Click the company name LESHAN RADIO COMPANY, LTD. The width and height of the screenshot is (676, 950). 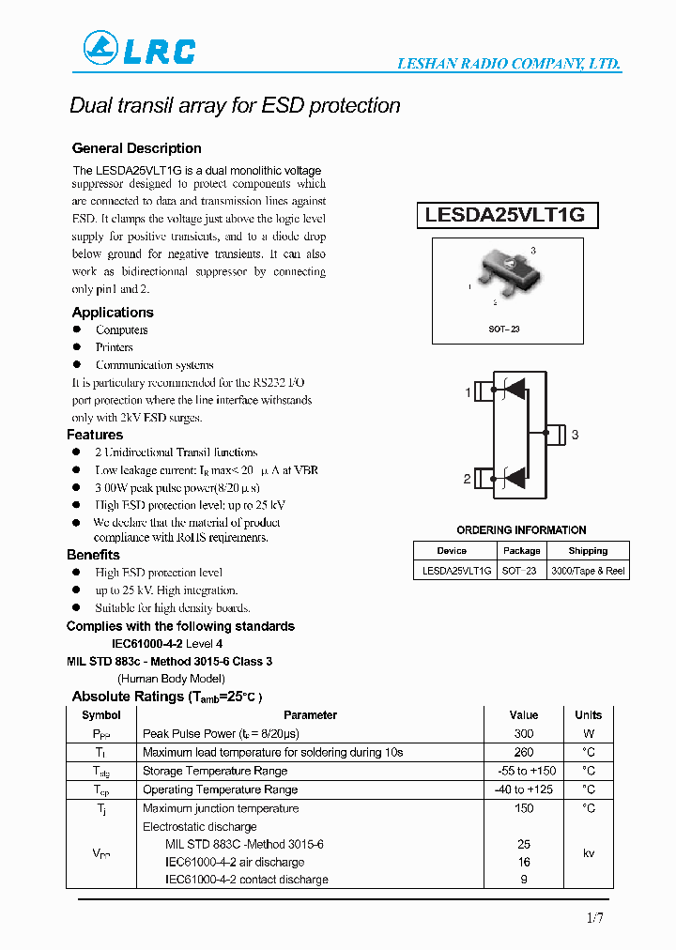[x=509, y=64]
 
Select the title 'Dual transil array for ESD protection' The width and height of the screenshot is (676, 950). [x=235, y=105]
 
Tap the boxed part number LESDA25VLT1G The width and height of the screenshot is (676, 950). [x=505, y=215]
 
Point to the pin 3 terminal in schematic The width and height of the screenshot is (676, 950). [x=556, y=434]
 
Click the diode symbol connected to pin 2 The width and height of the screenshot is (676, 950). [x=514, y=478]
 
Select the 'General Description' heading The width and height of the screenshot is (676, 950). [x=137, y=148]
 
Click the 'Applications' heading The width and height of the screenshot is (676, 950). [x=113, y=313]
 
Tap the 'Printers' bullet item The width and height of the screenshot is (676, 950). [x=114, y=347]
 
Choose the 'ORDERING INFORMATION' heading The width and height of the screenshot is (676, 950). [x=521, y=530]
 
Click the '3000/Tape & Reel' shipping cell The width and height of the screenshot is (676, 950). [x=588, y=571]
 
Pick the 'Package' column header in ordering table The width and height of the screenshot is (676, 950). [x=521, y=551]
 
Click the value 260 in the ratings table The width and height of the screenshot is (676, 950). [x=524, y=752]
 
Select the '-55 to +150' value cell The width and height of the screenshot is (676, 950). [x=524, y=771]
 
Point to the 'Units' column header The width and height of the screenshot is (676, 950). [x=589, y=714]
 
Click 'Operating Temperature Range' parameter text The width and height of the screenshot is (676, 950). [x=220, y=789]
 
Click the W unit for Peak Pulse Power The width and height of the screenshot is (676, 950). [x=589, y=733]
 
